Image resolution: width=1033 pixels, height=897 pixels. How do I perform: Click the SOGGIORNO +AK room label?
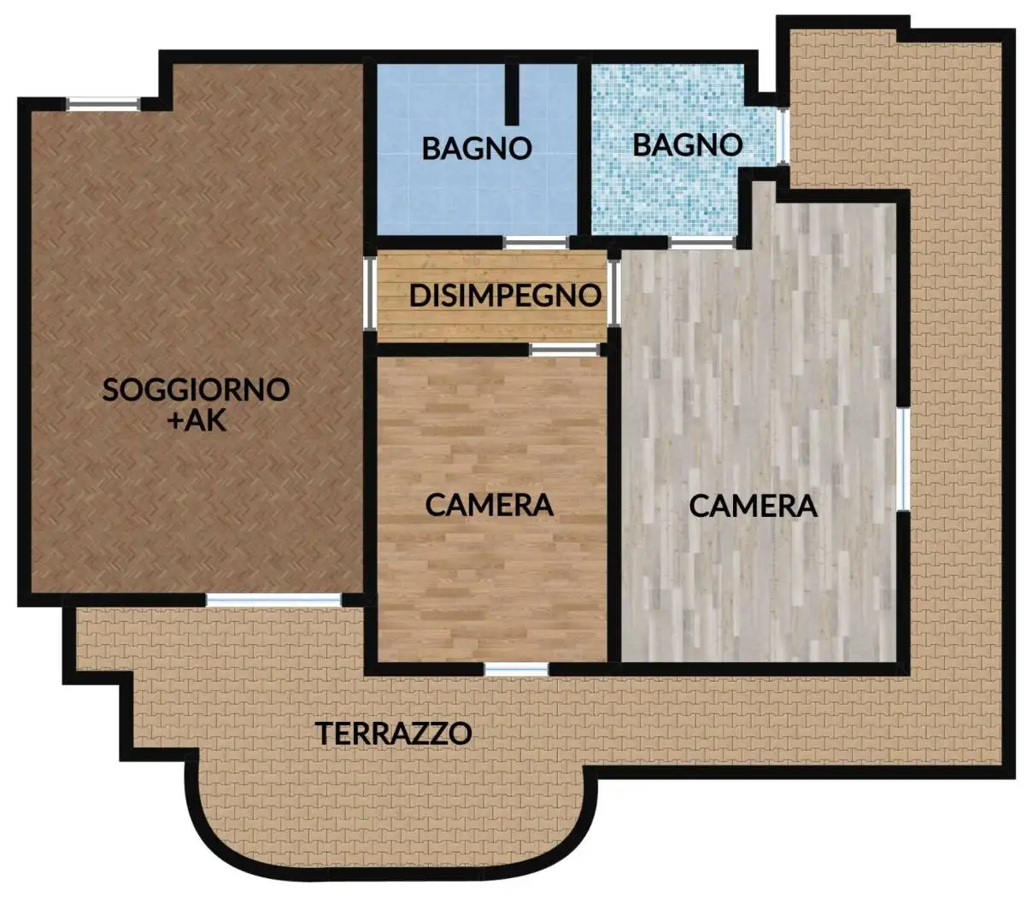point(196,403)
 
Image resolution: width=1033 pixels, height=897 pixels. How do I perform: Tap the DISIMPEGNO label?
point(505,296)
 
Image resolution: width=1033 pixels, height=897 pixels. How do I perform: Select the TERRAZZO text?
point(393,733)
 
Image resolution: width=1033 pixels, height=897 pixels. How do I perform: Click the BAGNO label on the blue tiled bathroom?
point(477,148)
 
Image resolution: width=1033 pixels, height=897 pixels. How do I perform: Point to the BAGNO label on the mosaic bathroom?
point(687,144)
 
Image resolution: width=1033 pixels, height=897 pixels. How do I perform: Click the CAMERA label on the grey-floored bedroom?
point(753,506)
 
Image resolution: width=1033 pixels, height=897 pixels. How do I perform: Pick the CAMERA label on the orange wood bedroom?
point(489,504)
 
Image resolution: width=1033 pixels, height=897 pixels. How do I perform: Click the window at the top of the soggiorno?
point(103,104)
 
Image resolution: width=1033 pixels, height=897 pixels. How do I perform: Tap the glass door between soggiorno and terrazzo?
point(273,601)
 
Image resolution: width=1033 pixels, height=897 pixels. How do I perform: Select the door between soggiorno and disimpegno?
point(371,293)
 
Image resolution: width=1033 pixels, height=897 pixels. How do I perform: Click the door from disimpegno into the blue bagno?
point(536,243)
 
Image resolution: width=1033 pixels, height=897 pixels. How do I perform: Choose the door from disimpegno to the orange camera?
point(563,349)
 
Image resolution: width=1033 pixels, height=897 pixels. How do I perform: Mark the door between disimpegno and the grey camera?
point(613,293)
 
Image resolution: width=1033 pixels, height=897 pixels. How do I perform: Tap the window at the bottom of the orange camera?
point(516,669)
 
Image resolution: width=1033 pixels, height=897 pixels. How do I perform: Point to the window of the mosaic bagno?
point(782,136)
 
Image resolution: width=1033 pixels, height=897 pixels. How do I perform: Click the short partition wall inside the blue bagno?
point(512,94)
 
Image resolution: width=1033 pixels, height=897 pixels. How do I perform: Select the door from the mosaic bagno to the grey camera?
point(701,243)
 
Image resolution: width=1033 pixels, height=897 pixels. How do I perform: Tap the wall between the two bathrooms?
point(585,149)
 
